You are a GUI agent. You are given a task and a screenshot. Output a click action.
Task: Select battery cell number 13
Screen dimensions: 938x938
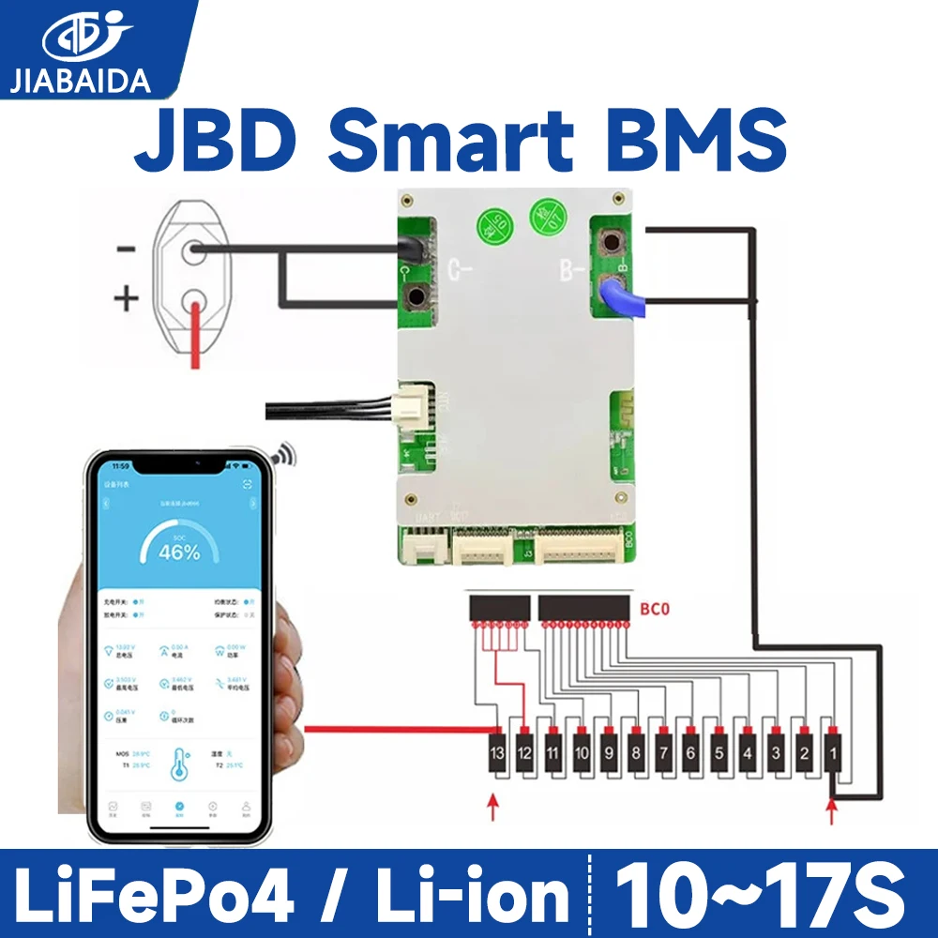click(496, 753)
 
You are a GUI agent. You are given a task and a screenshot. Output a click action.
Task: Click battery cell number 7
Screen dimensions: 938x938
click(663, 753)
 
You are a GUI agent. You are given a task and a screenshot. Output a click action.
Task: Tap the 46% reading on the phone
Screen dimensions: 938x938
click(179, 552)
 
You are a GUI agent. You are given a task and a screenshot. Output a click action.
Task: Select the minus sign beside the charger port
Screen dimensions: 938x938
click(127, 250)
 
